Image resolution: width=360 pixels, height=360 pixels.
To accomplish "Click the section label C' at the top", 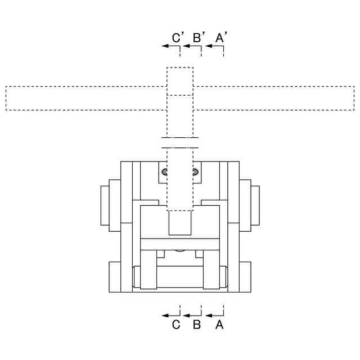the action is click(x=178, y=38).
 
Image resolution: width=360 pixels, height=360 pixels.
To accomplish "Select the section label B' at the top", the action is click(x=199, y=38).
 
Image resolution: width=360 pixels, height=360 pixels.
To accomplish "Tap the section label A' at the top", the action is click(x=221, y=38).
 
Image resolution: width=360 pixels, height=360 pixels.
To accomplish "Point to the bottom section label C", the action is click(x=176, y=325).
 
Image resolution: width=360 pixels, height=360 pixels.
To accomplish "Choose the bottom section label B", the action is click(x=197, y=325).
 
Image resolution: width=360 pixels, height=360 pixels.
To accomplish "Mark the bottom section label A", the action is click(x=219, y=325).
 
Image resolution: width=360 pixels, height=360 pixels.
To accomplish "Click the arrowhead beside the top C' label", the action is click(x=165, y=46).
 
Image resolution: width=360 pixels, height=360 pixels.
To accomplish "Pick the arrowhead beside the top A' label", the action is click(x=209, y=46).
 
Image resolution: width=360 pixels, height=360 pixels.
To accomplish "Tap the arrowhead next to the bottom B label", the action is click(x=186, y=316).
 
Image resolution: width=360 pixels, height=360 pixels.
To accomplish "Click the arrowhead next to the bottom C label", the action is click(x=165, y=316).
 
